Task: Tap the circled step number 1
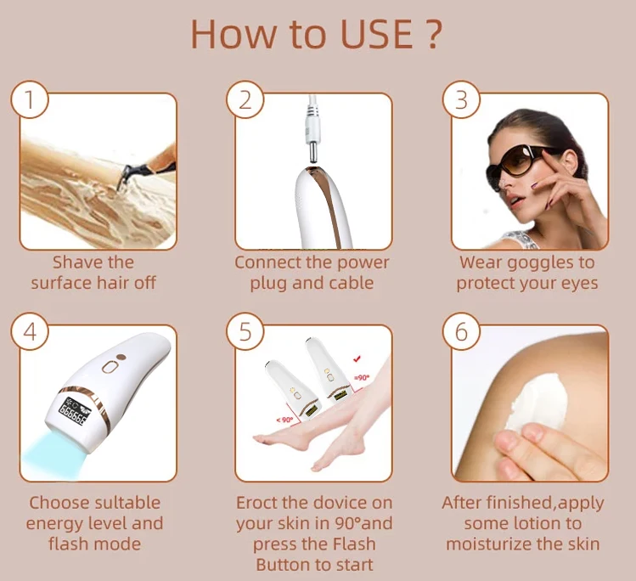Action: [x=30, y=100]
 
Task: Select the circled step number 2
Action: [x=245, y=100]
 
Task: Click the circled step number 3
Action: [x=461, y=100]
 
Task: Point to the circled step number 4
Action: [x=30, y=332]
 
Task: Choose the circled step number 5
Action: [x=245, y=332]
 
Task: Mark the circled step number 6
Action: [x=461, y=332]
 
